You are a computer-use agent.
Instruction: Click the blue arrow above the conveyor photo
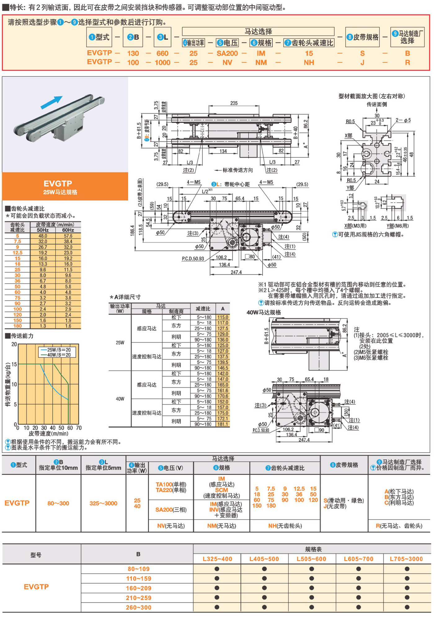coord(52,102)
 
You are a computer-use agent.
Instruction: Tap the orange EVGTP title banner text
coord(58,183)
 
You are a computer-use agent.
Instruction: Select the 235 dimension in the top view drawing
coord(234,103)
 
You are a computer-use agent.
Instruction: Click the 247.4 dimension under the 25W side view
coord(236,272)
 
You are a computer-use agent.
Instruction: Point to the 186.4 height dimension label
coord(133,230)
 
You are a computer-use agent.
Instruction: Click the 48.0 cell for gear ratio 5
coord(43,236)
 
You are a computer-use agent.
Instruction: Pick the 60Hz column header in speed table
coord(68,230)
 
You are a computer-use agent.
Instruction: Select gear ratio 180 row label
coord(17,326)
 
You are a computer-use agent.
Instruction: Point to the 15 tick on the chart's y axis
coord(14,364)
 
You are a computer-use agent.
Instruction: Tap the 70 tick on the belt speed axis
coord(79,428)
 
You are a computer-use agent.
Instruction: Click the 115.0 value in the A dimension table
coord(223,317)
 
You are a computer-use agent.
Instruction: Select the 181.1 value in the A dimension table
coord(223,424)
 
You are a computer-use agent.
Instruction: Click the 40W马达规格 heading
coord(263,312)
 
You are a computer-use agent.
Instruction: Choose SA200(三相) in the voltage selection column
coord(171,510)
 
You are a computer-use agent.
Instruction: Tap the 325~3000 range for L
coord(103,503)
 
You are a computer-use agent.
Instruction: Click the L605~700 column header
coord(358,559)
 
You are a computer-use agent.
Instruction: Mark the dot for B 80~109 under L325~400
coord(217,569)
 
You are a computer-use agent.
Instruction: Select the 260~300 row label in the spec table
coord(139,607)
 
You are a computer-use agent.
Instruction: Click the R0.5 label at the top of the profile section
coord(350,121)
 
